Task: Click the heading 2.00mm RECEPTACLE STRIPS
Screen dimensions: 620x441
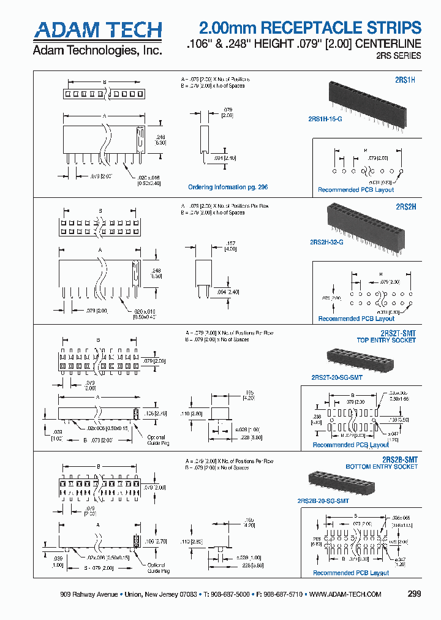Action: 311,28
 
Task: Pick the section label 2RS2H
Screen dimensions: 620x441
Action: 405,207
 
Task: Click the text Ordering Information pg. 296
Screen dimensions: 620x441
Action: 228,187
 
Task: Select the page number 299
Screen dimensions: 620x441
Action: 414,594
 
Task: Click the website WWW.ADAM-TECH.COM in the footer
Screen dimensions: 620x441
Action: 345,595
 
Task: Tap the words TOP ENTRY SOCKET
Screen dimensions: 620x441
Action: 387,340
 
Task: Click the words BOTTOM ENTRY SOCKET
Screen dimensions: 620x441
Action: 382,467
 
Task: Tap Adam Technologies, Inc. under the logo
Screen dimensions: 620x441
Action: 97,50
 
